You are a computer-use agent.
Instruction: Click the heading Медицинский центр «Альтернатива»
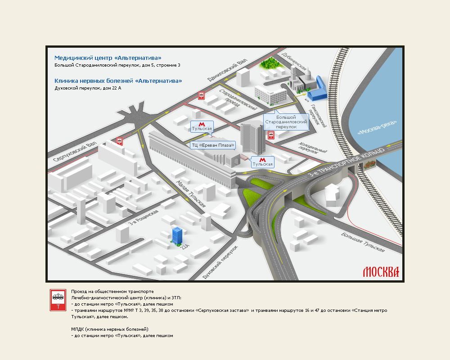pyautogui.click(x=108, y=58)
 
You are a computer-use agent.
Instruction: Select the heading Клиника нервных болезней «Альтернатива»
pyautogui.click(x=118, y=81)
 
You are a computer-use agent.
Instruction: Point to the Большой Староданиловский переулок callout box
pyautogui.click(x=286, y=121)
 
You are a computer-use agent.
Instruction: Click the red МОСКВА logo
pyautogui.click(x=381, y=272)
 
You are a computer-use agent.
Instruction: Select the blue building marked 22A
pyautogui.click(x=177, y=234)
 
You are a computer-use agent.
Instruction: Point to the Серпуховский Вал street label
pyautogui.click(x=75, y=152)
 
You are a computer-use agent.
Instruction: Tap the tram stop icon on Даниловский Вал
pyautogui.click(x=201, y=95)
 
